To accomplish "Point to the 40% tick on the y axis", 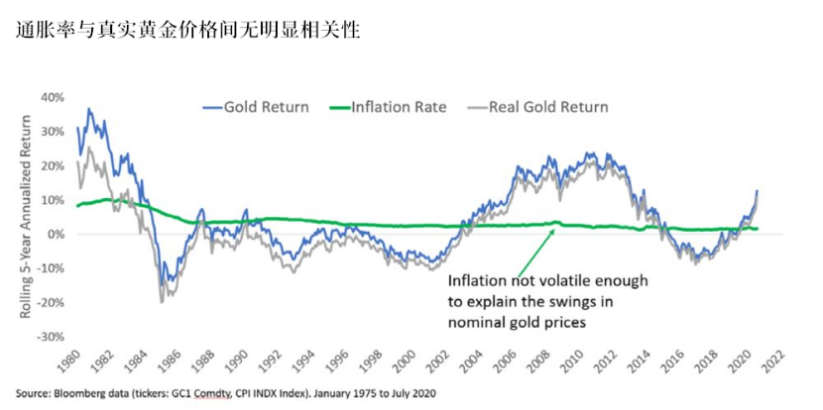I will (x=52, y=97).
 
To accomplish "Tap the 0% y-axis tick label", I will (x=56, y=234).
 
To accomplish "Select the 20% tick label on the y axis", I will (x=52, y=165).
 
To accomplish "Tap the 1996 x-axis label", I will (x=338, y=359).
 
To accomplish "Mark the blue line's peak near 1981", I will (x=89, y=109).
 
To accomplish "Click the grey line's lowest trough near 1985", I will (x=162, y=300).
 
